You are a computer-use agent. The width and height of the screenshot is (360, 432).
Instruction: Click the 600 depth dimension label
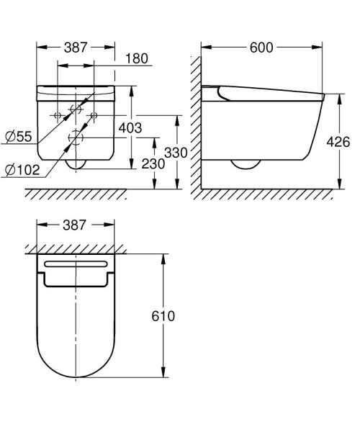point(261,48)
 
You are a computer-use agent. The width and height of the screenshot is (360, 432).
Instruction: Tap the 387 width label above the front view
point(76,48)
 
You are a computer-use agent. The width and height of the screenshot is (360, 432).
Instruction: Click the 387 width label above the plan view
point(76,225)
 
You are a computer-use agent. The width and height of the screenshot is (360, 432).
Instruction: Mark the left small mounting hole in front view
point(57,115)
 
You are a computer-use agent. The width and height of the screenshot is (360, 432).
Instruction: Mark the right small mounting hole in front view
point(94,115)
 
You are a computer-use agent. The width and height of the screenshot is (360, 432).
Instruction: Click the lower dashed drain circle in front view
point(76,138)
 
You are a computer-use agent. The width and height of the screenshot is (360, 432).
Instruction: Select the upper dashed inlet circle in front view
point(76,111)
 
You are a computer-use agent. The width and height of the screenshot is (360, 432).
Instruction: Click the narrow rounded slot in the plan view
point(76,265)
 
